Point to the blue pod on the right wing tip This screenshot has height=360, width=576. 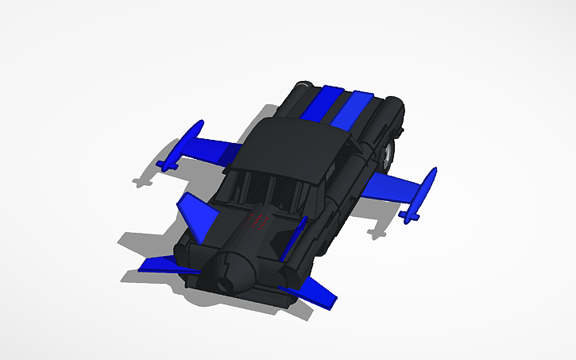(422, 195)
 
